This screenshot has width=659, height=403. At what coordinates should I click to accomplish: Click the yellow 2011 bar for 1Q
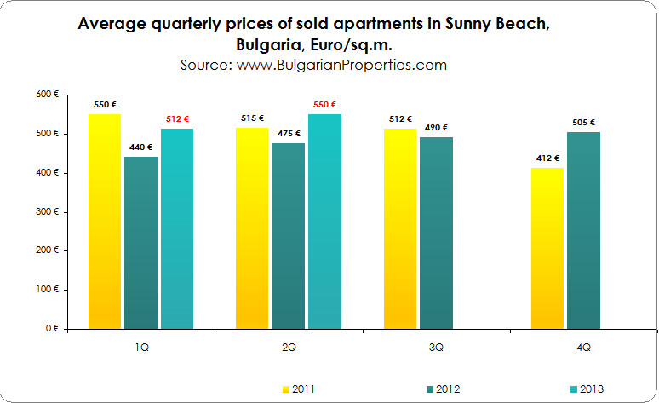click(x=105, y=222)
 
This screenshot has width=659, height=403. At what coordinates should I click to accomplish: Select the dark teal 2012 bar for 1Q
click(x=140, y=243)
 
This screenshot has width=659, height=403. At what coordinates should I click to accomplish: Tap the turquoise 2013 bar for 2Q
click(x=324, y=222)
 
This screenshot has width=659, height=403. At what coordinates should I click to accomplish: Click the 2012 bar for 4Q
click(x=583, y=230)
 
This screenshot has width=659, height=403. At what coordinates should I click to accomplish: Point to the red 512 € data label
click(x=176, y=118)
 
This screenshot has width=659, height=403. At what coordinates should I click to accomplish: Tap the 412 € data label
click(x=547, y=158)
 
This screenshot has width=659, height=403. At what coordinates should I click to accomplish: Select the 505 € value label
click(x=583, y=122)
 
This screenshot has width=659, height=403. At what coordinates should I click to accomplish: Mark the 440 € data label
click(x=140, y=147)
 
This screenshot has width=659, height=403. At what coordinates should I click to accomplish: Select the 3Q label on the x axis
click(x=437, y=348)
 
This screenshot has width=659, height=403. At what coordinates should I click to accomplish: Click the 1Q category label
click(x=140, y=348)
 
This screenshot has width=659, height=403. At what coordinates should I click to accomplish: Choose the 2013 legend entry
click(x=585, y=389)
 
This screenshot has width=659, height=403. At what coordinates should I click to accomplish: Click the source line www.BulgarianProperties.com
click(x=313, y=64)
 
